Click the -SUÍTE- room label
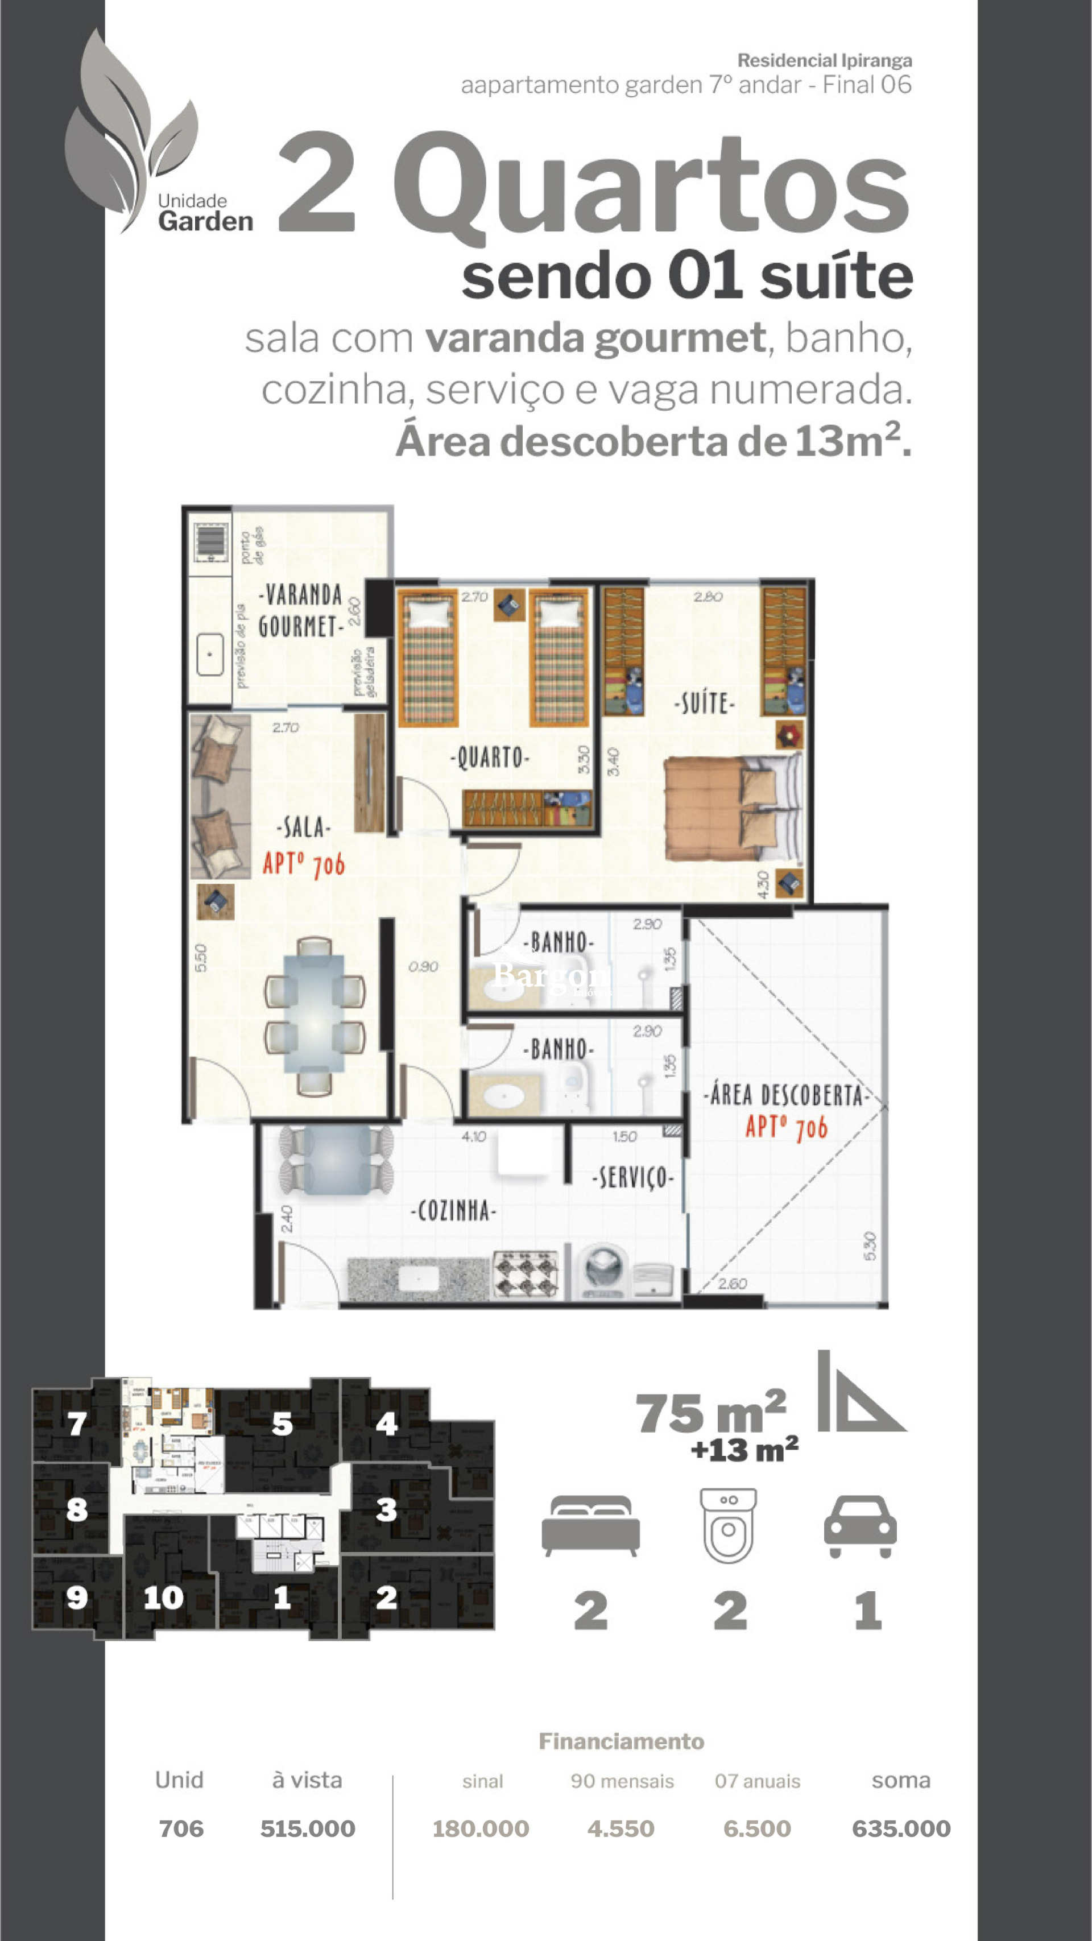pyautogui.click(x=704, y=703)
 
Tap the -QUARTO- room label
pyautogui.click(x=490, y=758)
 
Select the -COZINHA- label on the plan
pyautogui.click(x=453, y=1211)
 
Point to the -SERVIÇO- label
pyautogui.click(x=633, y=1178)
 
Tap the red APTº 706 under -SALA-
pyautogui.click(x=304, y=864)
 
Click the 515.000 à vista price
pyautogui.click(x=308, y=1830)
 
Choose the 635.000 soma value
pyautogui.click(x=900, y=1830)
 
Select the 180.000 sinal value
pyautogui.click(x=481, y=1830)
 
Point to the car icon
pyautogui.click(x=860, y=1528)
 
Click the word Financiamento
pyautogui.click(x=621, y=1741)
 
